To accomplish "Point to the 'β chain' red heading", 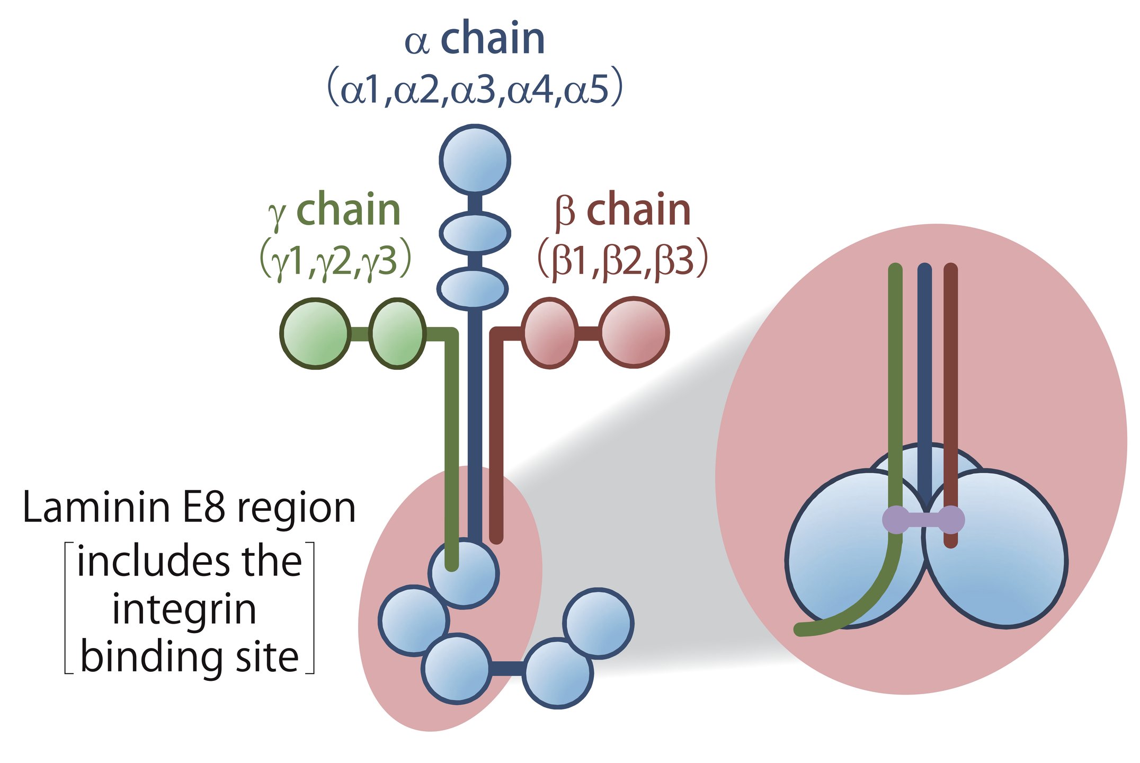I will [x=623, y=210].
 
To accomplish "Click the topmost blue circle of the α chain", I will [x=475, y=159].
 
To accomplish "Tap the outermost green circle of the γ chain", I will [x=315, y=333].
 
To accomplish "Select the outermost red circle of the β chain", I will [x=634, y=332].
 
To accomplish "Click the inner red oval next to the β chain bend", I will [x=550, y=333].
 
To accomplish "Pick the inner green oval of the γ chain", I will [x=397, y=333].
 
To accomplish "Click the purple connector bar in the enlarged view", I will [x=923, y=520].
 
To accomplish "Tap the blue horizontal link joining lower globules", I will [x=506, y=669].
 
